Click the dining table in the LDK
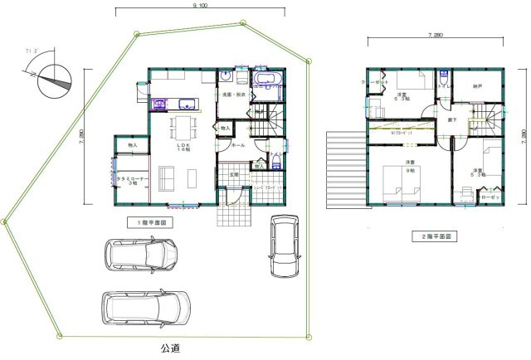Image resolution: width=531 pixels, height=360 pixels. coord(183,127)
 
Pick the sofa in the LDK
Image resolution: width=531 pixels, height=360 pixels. coord(167,178)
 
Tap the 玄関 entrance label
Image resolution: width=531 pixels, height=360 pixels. coord(235,174)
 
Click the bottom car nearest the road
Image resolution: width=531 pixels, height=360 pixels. coord(142,309)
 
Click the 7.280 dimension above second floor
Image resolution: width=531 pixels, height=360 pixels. coord(433,36)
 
